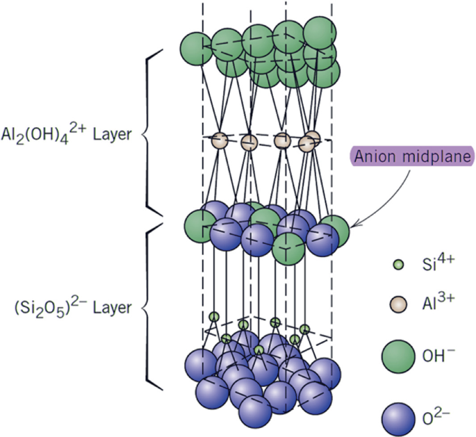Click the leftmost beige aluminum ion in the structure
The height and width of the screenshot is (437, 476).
coord(220,140)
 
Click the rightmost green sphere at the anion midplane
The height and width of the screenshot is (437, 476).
coord(335,230)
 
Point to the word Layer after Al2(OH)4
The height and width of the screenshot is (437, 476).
coord(112,134)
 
